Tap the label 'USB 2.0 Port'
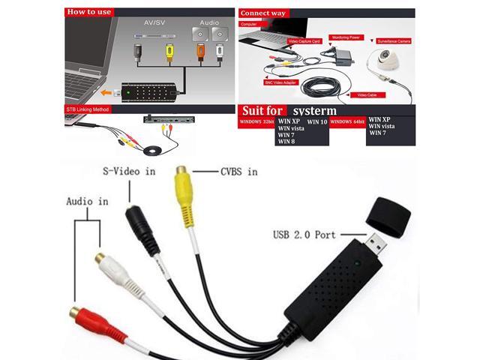coord(304,235)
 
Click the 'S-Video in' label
coord(130,171)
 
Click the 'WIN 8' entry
coord(287,140)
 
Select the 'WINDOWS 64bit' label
coord(347,121)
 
